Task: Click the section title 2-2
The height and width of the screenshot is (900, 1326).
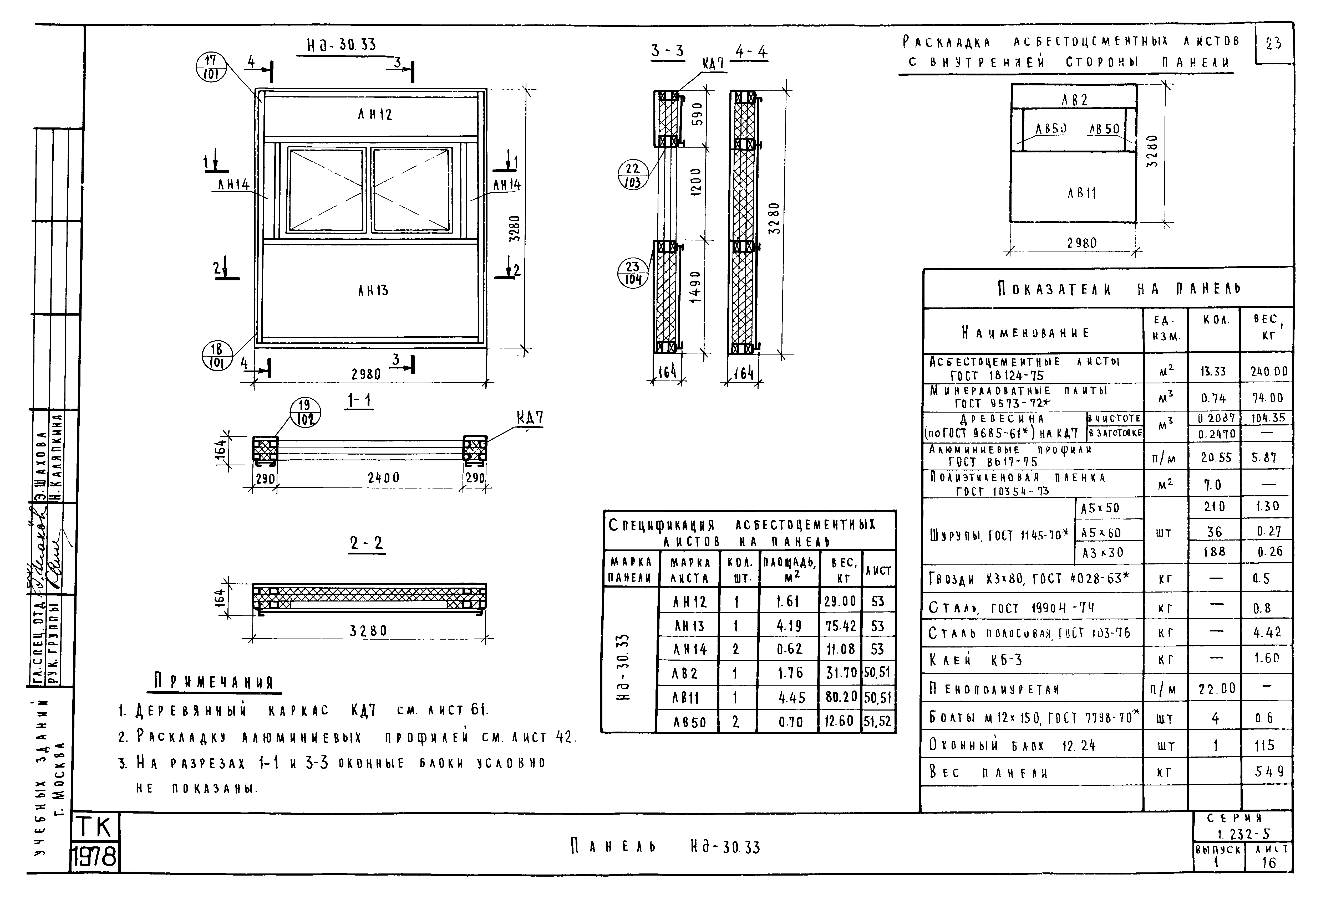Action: point(367,543)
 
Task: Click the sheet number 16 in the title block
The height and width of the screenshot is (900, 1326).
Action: point(1269,863)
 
